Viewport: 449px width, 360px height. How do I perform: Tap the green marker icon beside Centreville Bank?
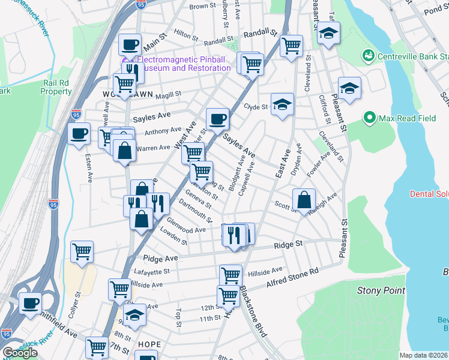368,57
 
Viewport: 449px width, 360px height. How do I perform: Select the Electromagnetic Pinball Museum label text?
184,64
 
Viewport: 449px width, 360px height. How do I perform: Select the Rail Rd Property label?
56,87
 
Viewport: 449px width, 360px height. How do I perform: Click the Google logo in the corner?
20,352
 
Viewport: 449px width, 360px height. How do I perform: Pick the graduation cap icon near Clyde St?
282,104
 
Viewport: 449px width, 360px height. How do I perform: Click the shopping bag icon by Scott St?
305,199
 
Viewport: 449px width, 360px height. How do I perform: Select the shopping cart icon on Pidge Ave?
82,251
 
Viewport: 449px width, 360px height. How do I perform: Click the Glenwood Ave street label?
187,230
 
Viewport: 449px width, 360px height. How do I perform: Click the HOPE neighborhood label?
149,344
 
